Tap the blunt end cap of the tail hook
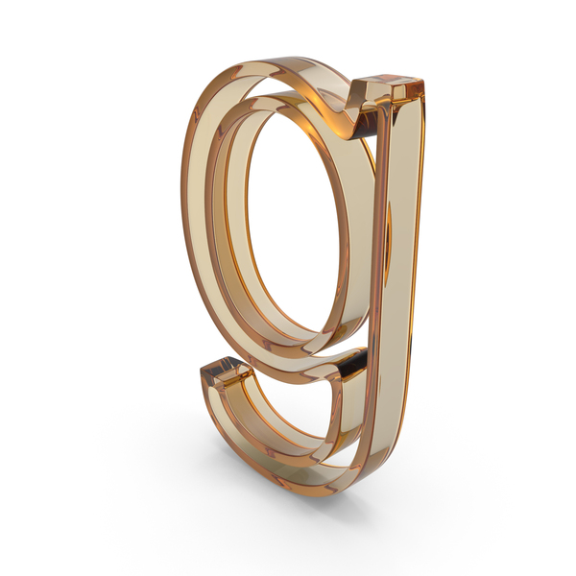click(x=227, y=371)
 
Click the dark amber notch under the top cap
click(x=367, y=123)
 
